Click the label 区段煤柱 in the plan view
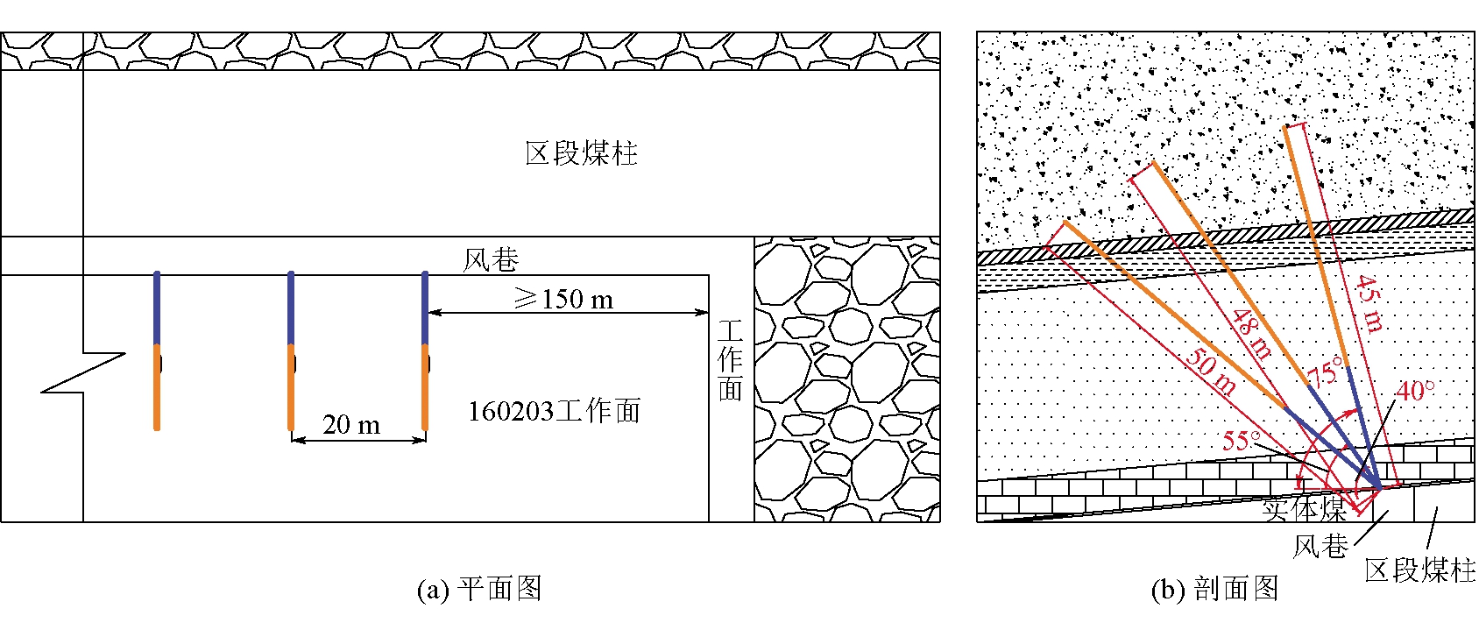581,153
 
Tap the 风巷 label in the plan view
491,259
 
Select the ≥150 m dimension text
563,300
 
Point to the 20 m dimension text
351,425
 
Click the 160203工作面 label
554,411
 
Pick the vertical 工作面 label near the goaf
730,360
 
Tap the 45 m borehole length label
1369,304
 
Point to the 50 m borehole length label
1212,372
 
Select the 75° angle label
1325,372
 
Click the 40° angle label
1415,390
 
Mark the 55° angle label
1242,440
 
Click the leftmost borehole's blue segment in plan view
157,308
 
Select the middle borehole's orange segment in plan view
291,386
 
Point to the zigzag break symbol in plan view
83,372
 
